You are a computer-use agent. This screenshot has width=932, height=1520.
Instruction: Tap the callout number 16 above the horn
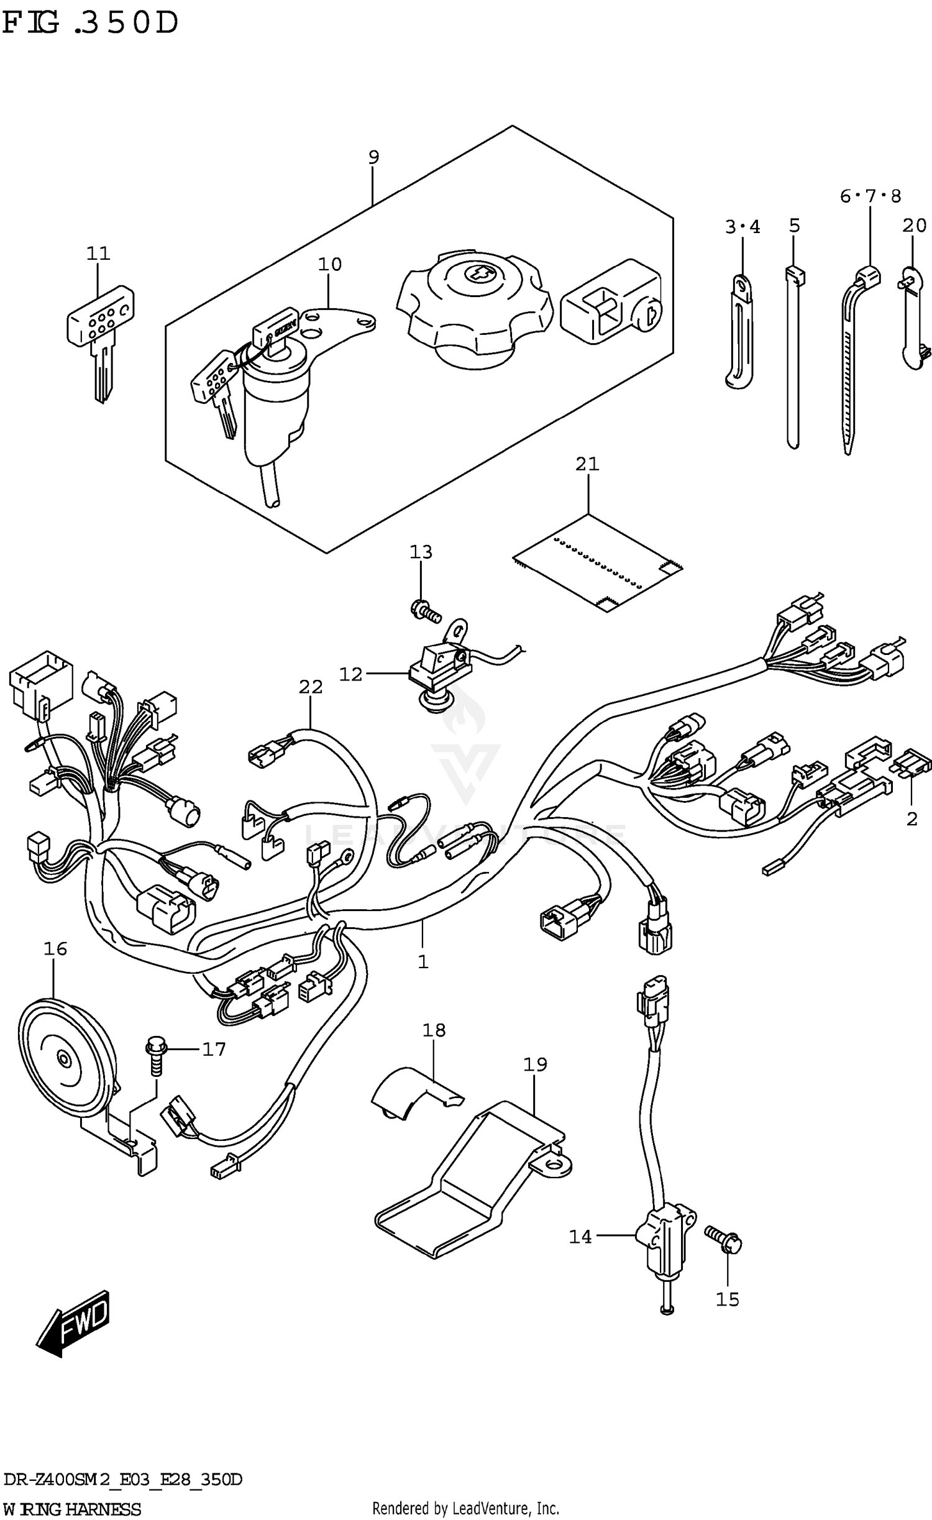pos(55,949)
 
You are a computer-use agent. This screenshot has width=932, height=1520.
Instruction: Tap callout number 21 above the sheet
pos(587,464)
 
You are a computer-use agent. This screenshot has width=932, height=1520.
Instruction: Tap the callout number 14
pos(580,1237)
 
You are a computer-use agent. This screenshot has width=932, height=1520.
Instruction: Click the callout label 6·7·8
pos(869,196)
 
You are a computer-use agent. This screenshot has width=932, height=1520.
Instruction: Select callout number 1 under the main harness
pos(423,962)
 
